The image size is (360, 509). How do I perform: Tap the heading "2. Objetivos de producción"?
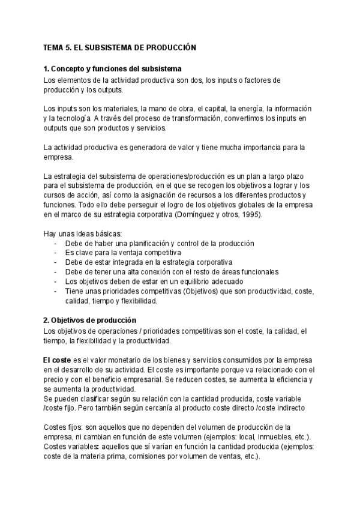coord(90,320)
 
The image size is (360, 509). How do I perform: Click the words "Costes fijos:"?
coord(63,426)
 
